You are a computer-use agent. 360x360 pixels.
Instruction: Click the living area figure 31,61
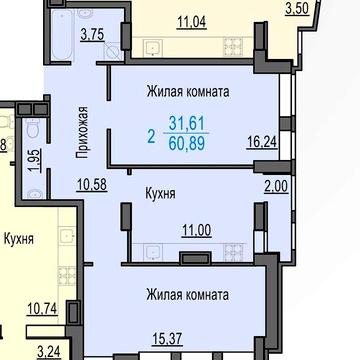(188, 124)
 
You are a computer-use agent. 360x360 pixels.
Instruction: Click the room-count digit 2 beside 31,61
(151, 133)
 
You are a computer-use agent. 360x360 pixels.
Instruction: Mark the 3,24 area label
(48, 351)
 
